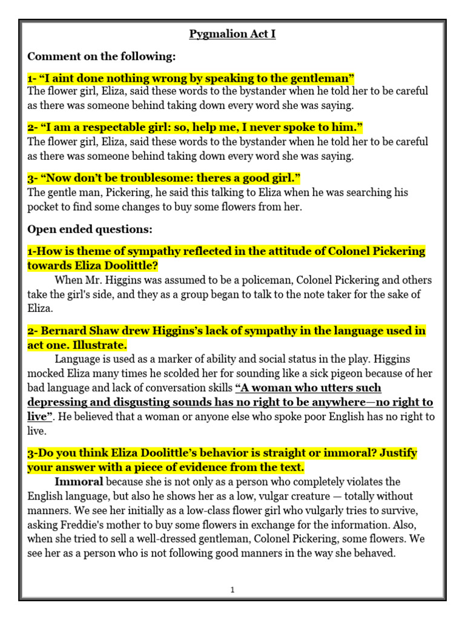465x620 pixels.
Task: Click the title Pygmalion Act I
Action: pos(232,34)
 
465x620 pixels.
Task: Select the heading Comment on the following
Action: pos(102,56)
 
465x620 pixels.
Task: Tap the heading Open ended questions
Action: pos(90,229)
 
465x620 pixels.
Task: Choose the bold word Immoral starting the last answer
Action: pos(79,482)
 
